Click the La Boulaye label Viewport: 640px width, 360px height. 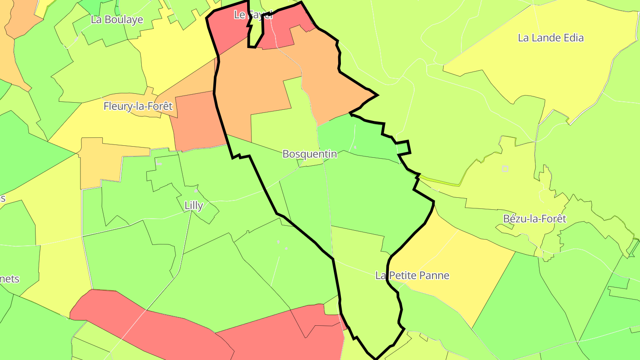point(117,20)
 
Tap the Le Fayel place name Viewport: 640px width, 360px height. point(252,15)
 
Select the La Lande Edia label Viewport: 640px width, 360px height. point(551,38)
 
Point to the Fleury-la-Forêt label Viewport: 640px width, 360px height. point(138,106)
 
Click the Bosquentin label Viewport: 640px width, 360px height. point(309,154)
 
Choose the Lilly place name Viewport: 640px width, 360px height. point(194,205)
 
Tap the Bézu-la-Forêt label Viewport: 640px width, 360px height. point(535,219)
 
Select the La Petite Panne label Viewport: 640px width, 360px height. point(412,276)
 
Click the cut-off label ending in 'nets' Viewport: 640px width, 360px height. point(10,279)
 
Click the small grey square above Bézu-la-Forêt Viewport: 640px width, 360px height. point(505,168)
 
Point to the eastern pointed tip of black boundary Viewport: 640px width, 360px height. point(377,95)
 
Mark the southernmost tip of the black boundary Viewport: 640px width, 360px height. point(376,358)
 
